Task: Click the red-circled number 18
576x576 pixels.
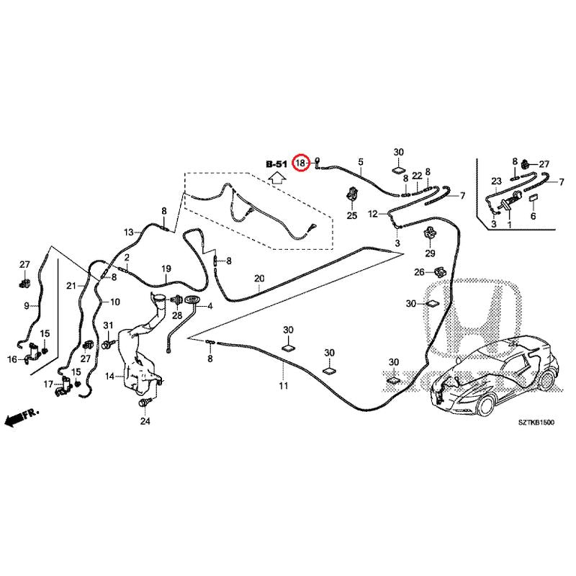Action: point(302,164)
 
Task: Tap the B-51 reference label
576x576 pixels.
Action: point(276,164)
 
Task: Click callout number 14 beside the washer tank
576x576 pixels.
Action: point(109,376)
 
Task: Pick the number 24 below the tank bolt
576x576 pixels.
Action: point(144,421)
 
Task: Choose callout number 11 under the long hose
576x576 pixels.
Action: point(284,387)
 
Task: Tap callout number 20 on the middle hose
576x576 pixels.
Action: point(259,279)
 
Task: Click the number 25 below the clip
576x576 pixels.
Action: point(352,215)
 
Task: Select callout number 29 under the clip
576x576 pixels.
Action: point(430,253)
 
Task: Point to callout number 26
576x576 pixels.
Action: point(419,272)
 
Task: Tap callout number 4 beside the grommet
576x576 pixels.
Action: point(211,307)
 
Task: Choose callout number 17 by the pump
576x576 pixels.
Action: point(48,384)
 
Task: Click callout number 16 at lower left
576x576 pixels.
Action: point(12,359)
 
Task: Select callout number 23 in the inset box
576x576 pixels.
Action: point(496,181)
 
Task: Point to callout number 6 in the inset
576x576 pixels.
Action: point(534,216)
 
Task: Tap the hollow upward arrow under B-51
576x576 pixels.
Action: point(276,179)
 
